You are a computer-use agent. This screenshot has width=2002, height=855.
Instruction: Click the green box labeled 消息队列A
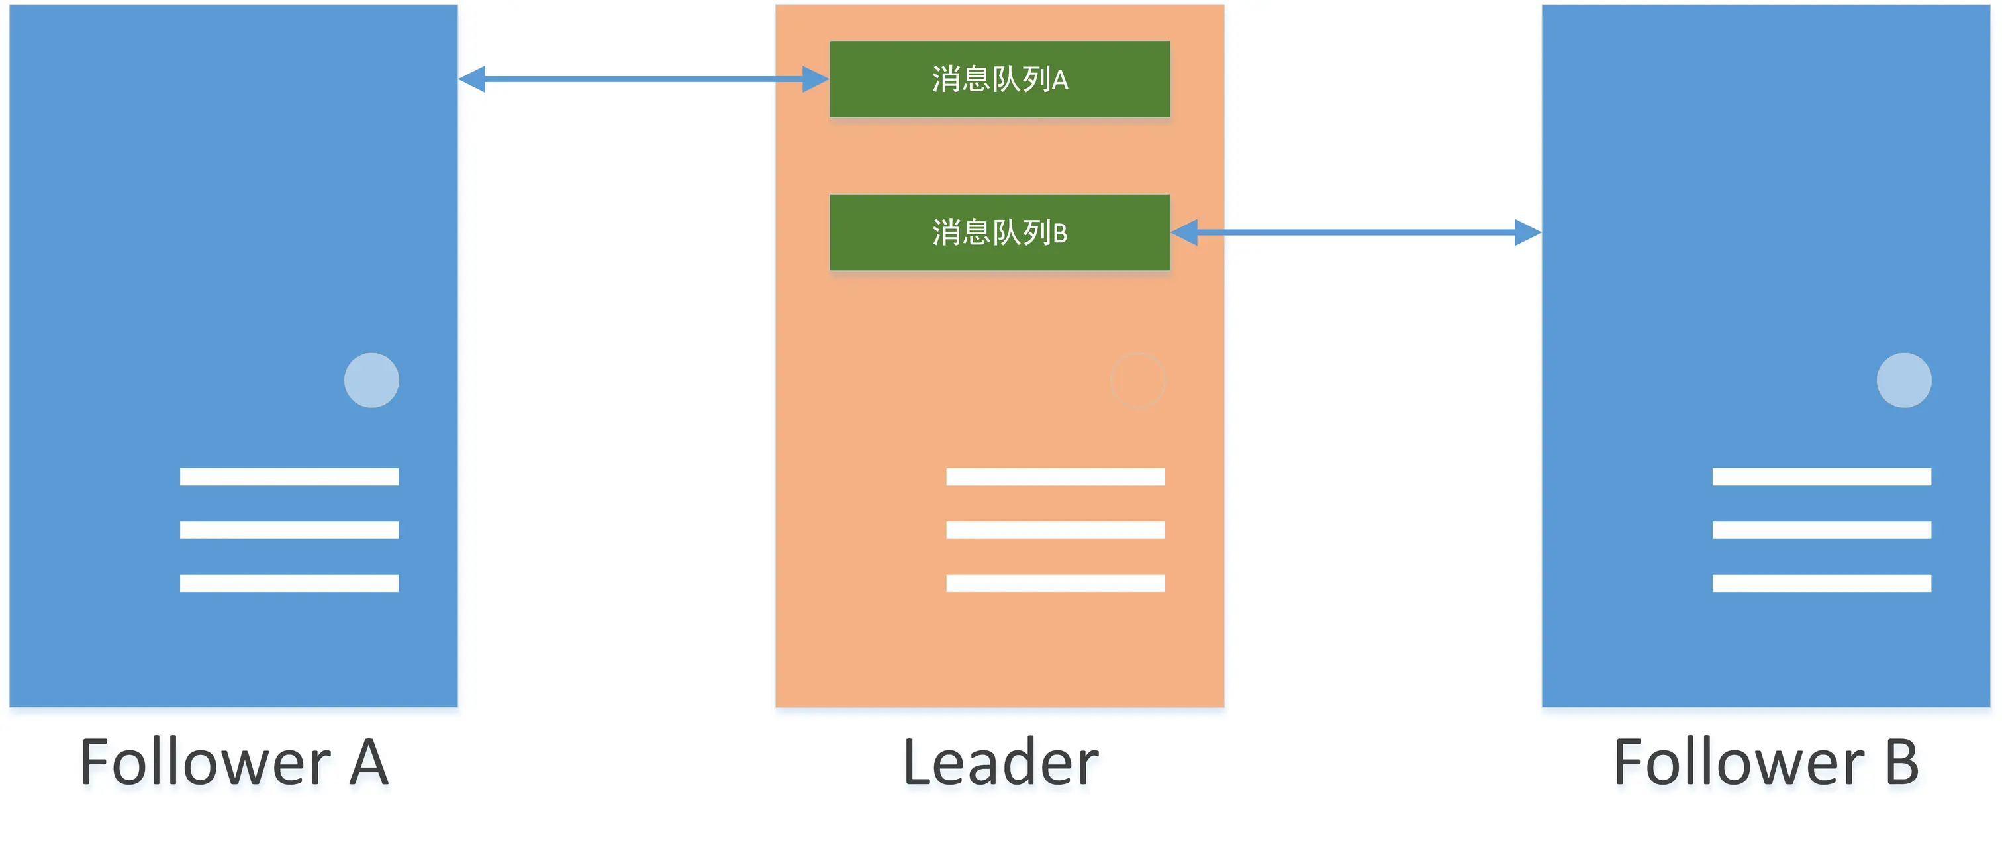click(1000, 79)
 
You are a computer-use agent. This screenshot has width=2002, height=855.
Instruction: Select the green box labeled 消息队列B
click(1000, 232)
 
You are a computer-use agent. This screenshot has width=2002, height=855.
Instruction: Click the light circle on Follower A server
click(371, 380)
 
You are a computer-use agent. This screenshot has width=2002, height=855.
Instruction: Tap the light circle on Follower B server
click(1903, 380)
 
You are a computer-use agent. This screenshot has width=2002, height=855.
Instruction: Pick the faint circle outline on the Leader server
click(1138, 380)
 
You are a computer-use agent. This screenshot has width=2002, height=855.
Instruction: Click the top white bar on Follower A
click(289, 476)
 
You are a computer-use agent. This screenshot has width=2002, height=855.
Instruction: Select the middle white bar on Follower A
click(289, 530)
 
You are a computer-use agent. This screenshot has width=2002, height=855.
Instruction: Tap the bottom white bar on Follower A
click(289, 583)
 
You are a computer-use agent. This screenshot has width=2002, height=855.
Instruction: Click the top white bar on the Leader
click(1055, 476)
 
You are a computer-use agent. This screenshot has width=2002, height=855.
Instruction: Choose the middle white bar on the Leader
click(1055, 530)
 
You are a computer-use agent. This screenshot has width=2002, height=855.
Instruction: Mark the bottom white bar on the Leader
click(1055, 583)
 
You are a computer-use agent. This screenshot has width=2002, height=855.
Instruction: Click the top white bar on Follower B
click(1822, 476)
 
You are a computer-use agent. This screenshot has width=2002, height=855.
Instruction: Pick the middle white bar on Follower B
click(1822, 530)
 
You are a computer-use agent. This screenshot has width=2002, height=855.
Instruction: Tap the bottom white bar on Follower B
click(1822, 583)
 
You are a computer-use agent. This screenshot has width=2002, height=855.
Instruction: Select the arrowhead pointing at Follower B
click(1527, 232)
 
